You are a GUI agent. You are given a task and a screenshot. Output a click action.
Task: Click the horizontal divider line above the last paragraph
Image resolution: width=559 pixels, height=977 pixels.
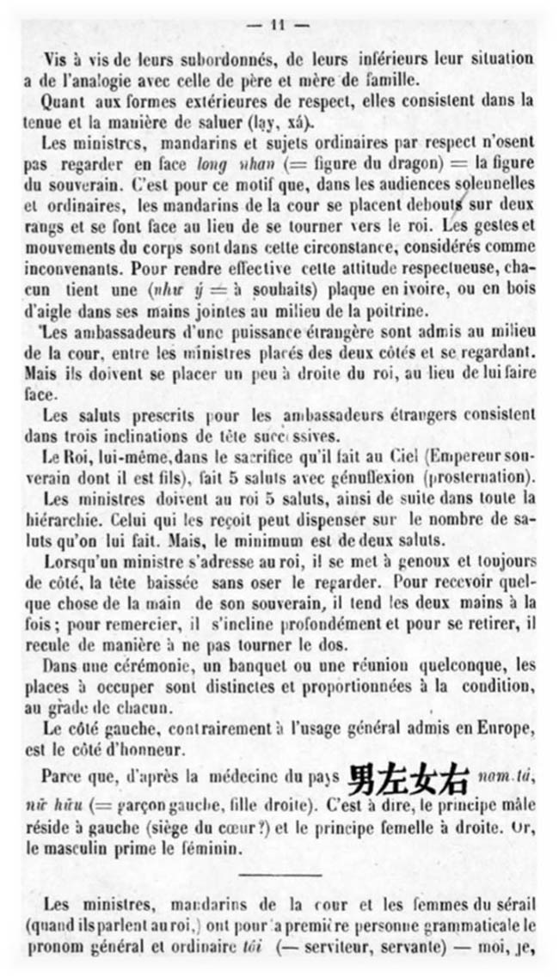click(280, 874)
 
